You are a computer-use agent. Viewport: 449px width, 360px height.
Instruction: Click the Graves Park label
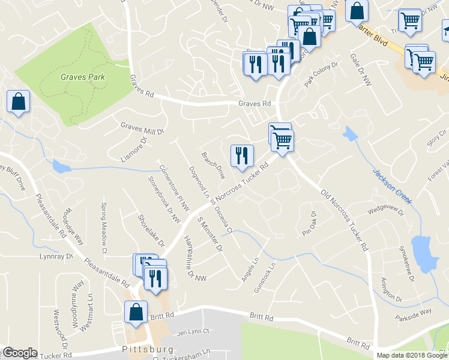(x=83, y=77)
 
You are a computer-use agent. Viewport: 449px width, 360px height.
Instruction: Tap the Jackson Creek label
(x=391, y=186)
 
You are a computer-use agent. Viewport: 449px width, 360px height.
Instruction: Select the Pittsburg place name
(x=148, y=349)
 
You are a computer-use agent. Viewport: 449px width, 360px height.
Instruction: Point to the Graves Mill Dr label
(x=142, y=128)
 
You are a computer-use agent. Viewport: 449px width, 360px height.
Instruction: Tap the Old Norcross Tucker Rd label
(x=344, y=220)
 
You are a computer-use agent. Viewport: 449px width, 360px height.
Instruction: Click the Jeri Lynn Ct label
(x=192, y=331)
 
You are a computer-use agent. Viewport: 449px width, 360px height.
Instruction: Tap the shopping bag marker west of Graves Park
(x=19, y=101)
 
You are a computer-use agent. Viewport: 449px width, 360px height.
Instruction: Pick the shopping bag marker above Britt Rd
(x=136, y=312)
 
